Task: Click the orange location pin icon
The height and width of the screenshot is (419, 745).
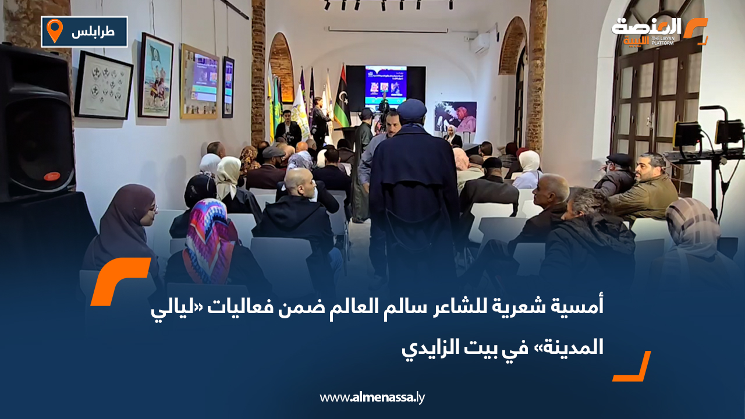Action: pyautogui.click(x=54, y=31)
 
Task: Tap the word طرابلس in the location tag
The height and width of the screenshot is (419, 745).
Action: pyautogui.click(x=93, y=31)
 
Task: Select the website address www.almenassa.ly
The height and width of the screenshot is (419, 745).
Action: pyautogui.click(x=372, y=397)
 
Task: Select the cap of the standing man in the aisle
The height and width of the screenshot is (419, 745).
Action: pyautogui.click(x=411, y=108)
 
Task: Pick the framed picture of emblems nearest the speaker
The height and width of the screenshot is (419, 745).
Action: pyautogui.click(x=103, y=85)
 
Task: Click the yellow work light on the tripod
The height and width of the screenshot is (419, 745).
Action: pyautogui.click(x=687, y=133)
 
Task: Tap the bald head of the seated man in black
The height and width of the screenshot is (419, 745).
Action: pyautogui.click(x=299, y=182)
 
